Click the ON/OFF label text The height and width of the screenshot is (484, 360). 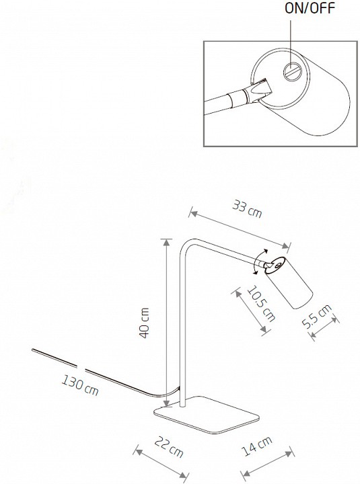310,8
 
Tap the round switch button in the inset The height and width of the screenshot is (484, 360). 292,72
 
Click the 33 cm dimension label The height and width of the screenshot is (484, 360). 247,208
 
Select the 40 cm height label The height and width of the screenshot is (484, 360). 144,323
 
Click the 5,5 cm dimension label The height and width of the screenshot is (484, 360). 316,315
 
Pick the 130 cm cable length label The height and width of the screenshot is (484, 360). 80,385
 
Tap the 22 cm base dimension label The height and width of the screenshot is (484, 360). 169,446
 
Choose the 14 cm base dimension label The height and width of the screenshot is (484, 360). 257,446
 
